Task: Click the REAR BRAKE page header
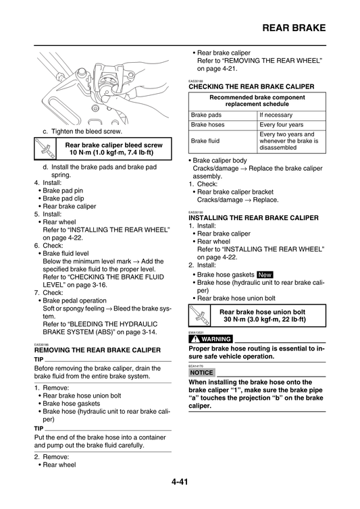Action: click(x=292, y=28)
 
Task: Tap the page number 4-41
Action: click(x=180, y=481)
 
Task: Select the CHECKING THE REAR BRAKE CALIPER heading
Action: click(x=251, y=87)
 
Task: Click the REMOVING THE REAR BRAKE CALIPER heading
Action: click(x=97, y=351)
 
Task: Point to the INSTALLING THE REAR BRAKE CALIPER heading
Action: click(x=253, y=218)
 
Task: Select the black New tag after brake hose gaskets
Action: click(x=265, y=275)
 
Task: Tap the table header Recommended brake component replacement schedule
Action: click(x=257, y=101)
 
